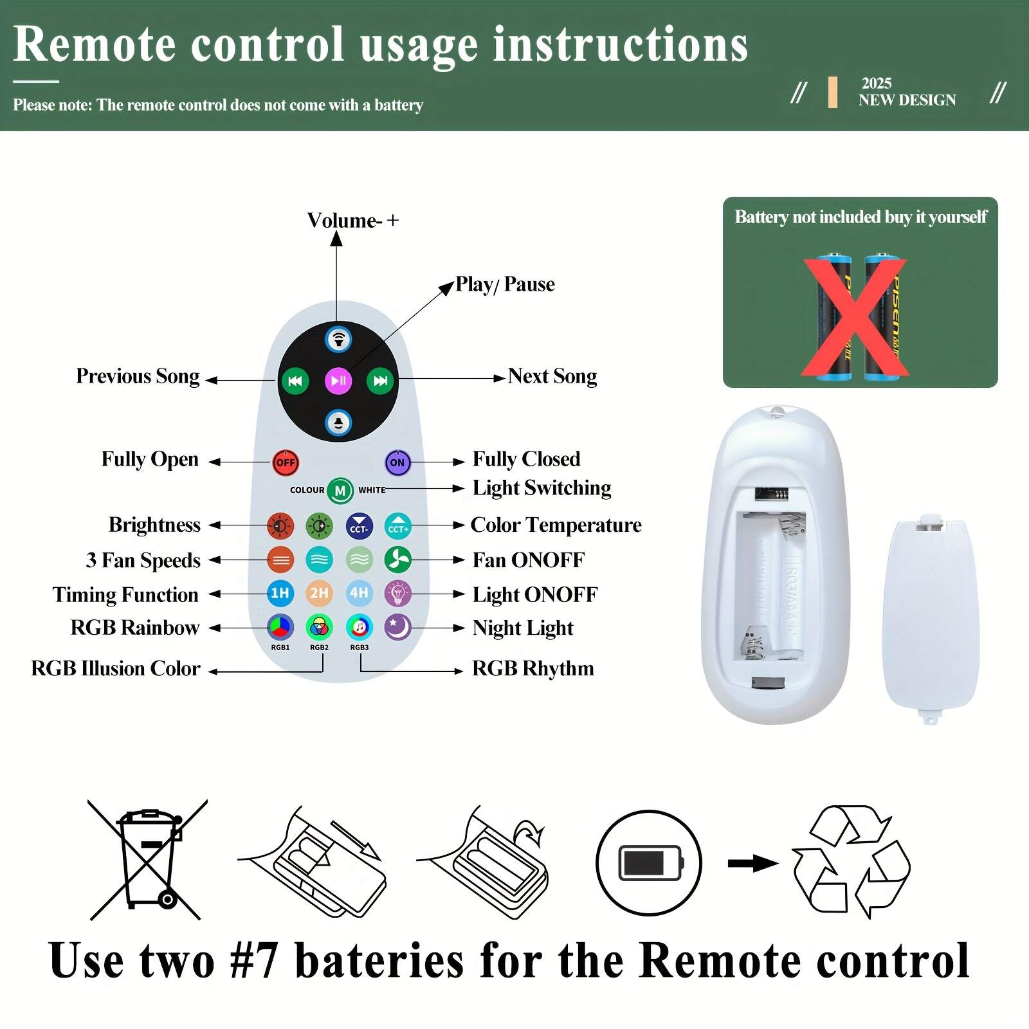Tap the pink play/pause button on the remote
pos(338,381)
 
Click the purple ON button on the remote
pos(397,462)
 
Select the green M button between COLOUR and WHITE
pos(340,491)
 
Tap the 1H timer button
pos(280,593)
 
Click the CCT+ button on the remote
pos(398,527)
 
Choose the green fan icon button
pos(397,560)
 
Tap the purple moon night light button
pos(397,627)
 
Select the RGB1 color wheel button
pos(280,627)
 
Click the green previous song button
pos(295,381)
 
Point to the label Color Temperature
pos(556,525)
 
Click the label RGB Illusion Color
pos(116,668)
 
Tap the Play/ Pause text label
pos(505,284)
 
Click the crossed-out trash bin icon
pos(149,859)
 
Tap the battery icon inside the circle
pos(649,863)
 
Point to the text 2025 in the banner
pos(876,84)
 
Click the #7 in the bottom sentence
pos(254,961)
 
